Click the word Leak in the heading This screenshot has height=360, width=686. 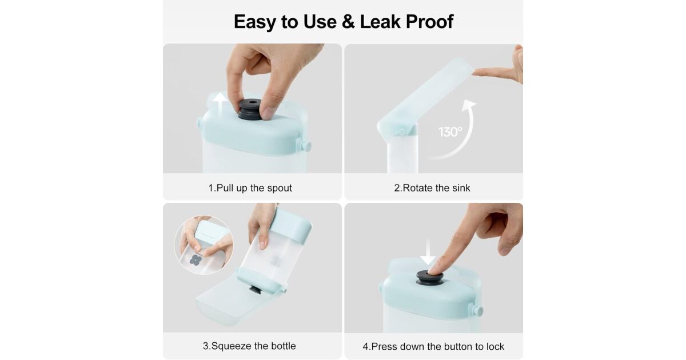380,22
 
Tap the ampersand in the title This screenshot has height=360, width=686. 348,22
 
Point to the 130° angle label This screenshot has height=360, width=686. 450,132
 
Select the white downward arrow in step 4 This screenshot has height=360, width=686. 428,251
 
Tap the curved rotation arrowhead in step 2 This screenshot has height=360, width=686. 469,105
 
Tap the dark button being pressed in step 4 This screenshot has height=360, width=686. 430,278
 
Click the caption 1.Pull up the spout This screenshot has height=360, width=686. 250,187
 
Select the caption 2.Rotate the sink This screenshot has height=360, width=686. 432,187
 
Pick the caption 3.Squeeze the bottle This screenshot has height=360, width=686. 249,346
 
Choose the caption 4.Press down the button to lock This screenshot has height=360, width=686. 433,346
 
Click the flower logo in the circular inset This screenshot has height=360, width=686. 195,260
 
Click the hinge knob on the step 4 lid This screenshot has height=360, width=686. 477,311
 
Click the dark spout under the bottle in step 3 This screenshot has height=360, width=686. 254,289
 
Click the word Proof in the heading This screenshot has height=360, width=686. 429,22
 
